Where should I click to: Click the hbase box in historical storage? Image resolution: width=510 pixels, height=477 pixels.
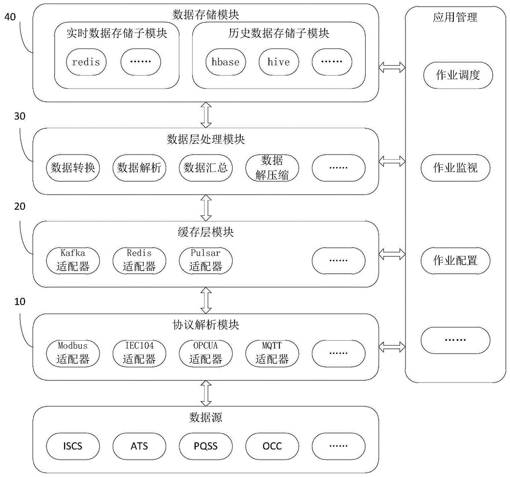coord(226,62)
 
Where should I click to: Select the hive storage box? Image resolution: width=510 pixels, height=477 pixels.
coord(278,62)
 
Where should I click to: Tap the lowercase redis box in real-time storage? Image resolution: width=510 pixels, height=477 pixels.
coord(86,62)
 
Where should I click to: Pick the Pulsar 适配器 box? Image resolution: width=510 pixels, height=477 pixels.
coord(206,260)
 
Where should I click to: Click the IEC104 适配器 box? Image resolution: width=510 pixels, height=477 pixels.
coord(139,353)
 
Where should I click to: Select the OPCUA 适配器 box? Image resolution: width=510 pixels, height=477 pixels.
coord(206,353)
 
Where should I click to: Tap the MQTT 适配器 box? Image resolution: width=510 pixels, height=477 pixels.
coord(271,353)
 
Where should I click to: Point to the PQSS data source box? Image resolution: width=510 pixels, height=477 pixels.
coord(206,446)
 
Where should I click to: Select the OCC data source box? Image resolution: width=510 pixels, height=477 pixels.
coord(271,446)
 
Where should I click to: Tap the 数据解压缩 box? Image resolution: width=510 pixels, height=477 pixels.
coord(271,167)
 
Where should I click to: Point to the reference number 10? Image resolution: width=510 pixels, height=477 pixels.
coord(19,302)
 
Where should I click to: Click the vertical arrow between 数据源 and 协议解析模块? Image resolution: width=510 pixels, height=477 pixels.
coord(206,393)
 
